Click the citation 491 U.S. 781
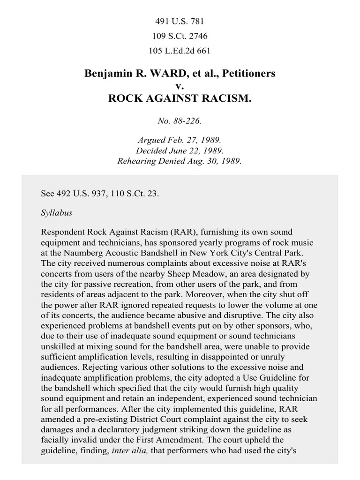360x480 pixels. (x=180, y=22)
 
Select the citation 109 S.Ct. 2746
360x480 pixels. (x=180, y=36)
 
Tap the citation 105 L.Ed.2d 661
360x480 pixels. (x=180, y=51)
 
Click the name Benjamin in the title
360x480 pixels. (x=107, y=74)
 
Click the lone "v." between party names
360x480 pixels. (x=180, y=86)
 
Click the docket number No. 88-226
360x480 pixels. (x=180, y=121)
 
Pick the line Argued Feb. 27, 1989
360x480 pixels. (x=180, y=140)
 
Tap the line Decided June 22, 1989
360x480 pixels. (x=180, y=150)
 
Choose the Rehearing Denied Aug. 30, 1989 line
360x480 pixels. (x=180, y=161)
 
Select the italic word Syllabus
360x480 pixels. (x=56, y=212)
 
